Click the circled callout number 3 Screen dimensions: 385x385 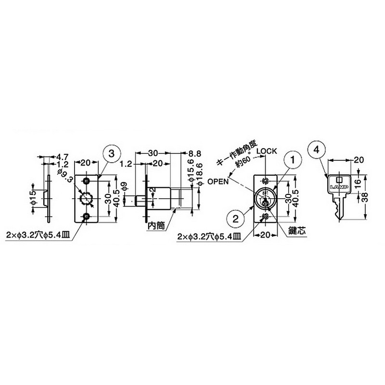point(111,154)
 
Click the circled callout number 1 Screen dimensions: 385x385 point(292,158)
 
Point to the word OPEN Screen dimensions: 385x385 point(218,181)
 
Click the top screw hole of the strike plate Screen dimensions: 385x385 point(86,180)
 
